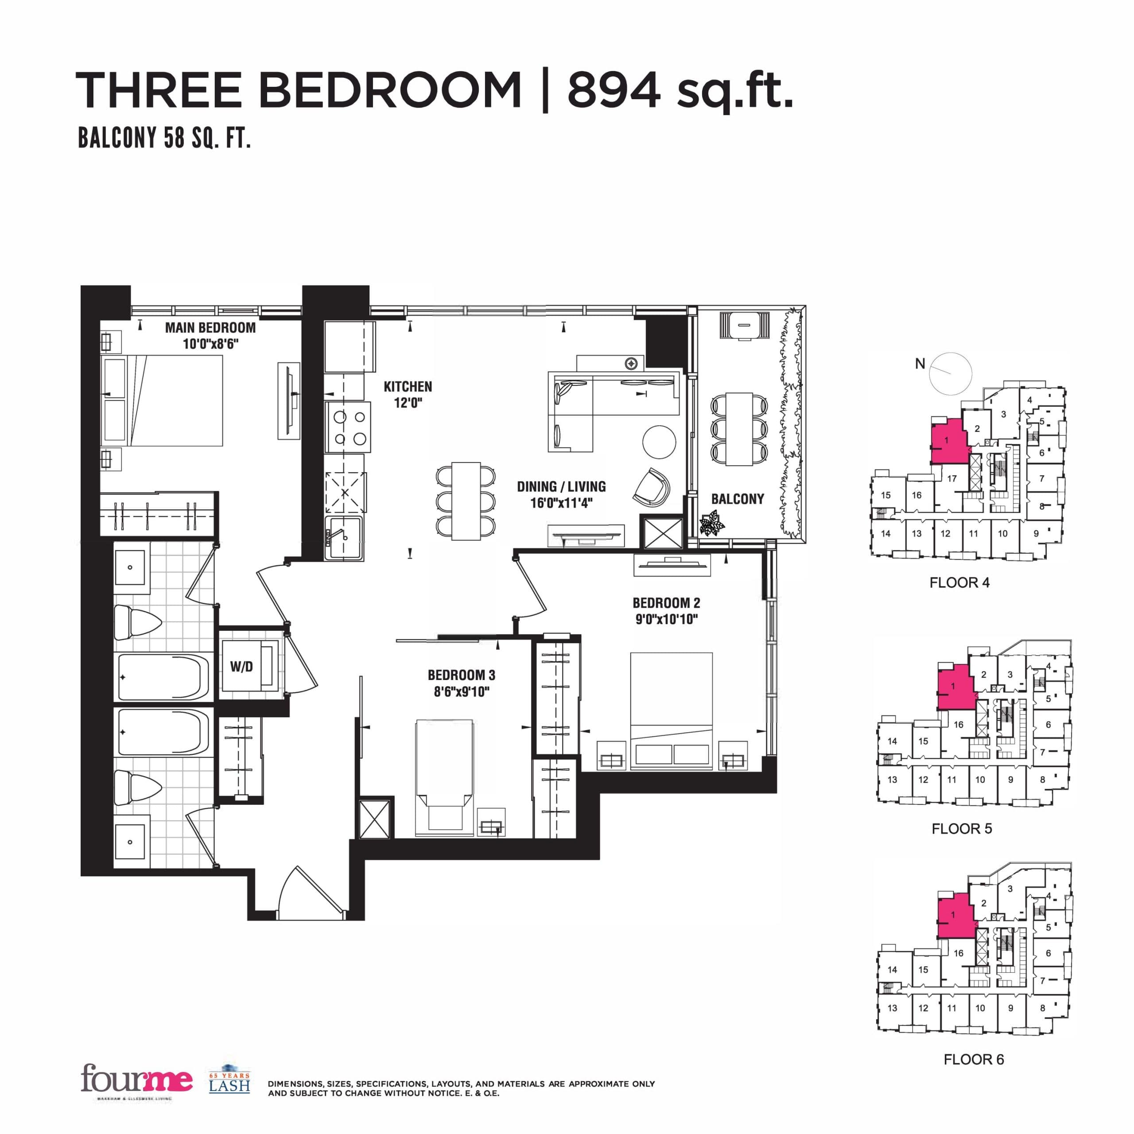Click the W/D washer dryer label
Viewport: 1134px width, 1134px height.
(x=241, y=667)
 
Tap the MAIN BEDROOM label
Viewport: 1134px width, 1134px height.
(x=210, y=327)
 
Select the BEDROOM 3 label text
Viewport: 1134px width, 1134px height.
(x=461, y=675)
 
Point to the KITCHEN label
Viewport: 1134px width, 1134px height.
(x=408, y=387)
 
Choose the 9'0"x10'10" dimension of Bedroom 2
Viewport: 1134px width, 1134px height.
(x=666, y=619)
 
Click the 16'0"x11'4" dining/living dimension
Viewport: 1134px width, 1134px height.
(x=561, y=503)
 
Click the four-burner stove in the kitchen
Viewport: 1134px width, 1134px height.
(x=349, y=427)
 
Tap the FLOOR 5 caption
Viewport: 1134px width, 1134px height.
(x=961, y=829)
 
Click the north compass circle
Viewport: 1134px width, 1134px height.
(x=951, y=374)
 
